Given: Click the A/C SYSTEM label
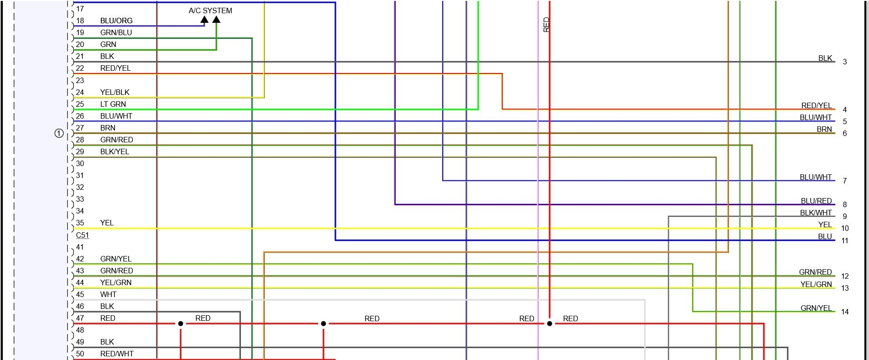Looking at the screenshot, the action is (210, 10).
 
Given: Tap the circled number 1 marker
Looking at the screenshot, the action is (59, 133).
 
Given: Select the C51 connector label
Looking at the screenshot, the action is (82, 235).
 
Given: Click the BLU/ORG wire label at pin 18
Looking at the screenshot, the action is (116, 21).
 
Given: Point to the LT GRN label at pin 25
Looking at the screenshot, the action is (113, 104).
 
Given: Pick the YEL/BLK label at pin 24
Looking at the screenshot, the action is (115, 92).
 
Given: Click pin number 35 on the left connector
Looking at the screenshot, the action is (80, 223).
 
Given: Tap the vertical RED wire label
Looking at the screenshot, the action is (546, 25).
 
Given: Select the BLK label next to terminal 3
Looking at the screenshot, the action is (825, 58).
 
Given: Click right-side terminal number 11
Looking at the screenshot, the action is (845, 240).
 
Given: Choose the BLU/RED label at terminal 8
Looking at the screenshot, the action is (816, 201).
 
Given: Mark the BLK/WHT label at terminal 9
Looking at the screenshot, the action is (816, 213).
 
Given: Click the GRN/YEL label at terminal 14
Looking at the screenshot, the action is (816, 308).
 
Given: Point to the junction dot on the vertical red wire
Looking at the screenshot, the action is (550, 323).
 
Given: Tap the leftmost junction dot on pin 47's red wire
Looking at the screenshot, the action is (181, 323).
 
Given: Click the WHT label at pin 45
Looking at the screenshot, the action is (108, 294).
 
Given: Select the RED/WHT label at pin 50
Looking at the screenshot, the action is (117, 354).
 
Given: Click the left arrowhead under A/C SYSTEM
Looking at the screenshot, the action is (204, 20).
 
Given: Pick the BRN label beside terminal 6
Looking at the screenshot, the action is (824, 129).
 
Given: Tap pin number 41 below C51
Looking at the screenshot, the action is (80, 247).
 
